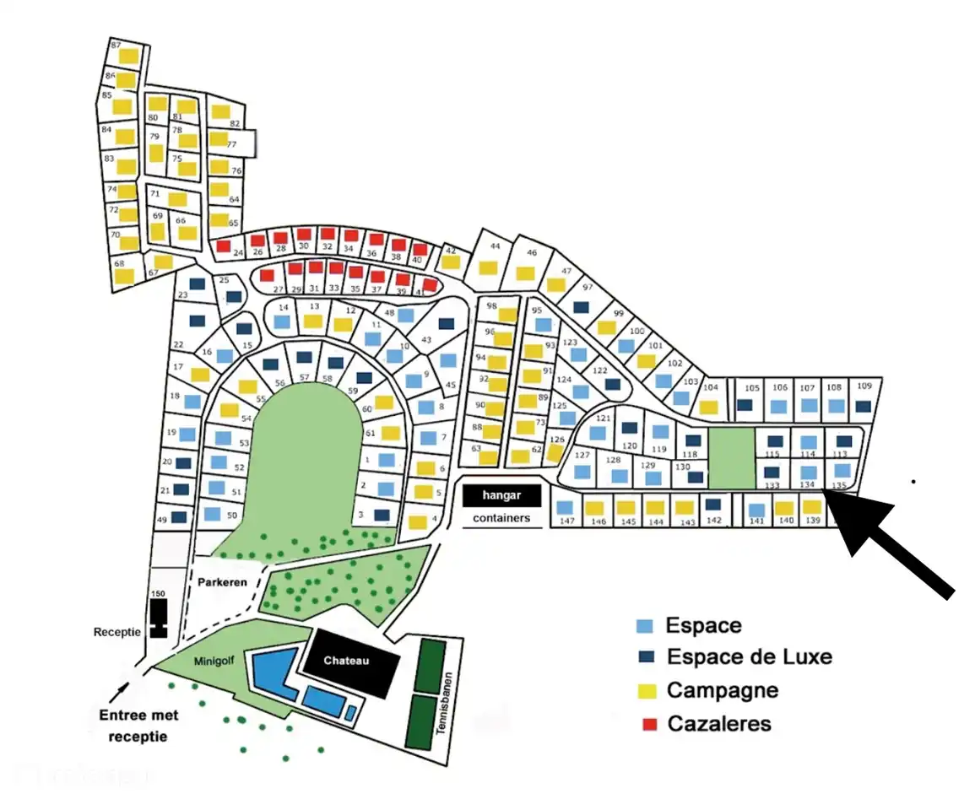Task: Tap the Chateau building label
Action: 347,662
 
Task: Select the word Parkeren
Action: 222,582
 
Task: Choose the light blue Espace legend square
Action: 645,626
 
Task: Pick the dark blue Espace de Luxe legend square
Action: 645,657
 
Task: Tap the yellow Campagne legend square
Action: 645,691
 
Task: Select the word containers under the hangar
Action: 501,518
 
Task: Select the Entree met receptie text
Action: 138,726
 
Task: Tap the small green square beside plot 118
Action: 730,457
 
